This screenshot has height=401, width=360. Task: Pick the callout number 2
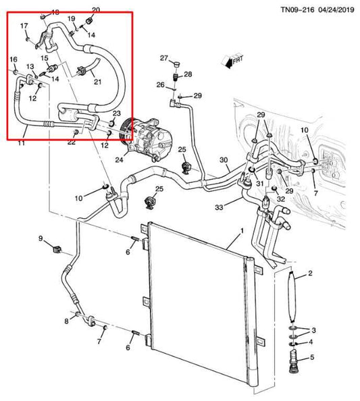310,273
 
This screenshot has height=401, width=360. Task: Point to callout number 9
41,238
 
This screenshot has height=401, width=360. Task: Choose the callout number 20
95,9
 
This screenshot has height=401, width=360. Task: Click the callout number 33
218,207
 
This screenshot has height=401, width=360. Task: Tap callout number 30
224,160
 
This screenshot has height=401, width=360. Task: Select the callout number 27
164,59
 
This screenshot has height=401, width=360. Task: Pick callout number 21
97,82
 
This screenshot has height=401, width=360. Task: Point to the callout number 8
66,320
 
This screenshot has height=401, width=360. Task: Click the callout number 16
13,61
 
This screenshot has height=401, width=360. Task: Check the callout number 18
55,13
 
